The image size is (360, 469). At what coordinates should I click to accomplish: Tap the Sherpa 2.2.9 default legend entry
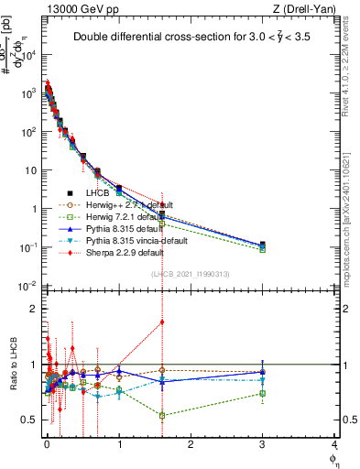coord(125,252)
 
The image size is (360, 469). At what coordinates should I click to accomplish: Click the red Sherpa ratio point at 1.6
coord(162,322)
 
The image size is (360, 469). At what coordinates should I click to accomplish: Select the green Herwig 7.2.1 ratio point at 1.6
coord(162,415)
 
